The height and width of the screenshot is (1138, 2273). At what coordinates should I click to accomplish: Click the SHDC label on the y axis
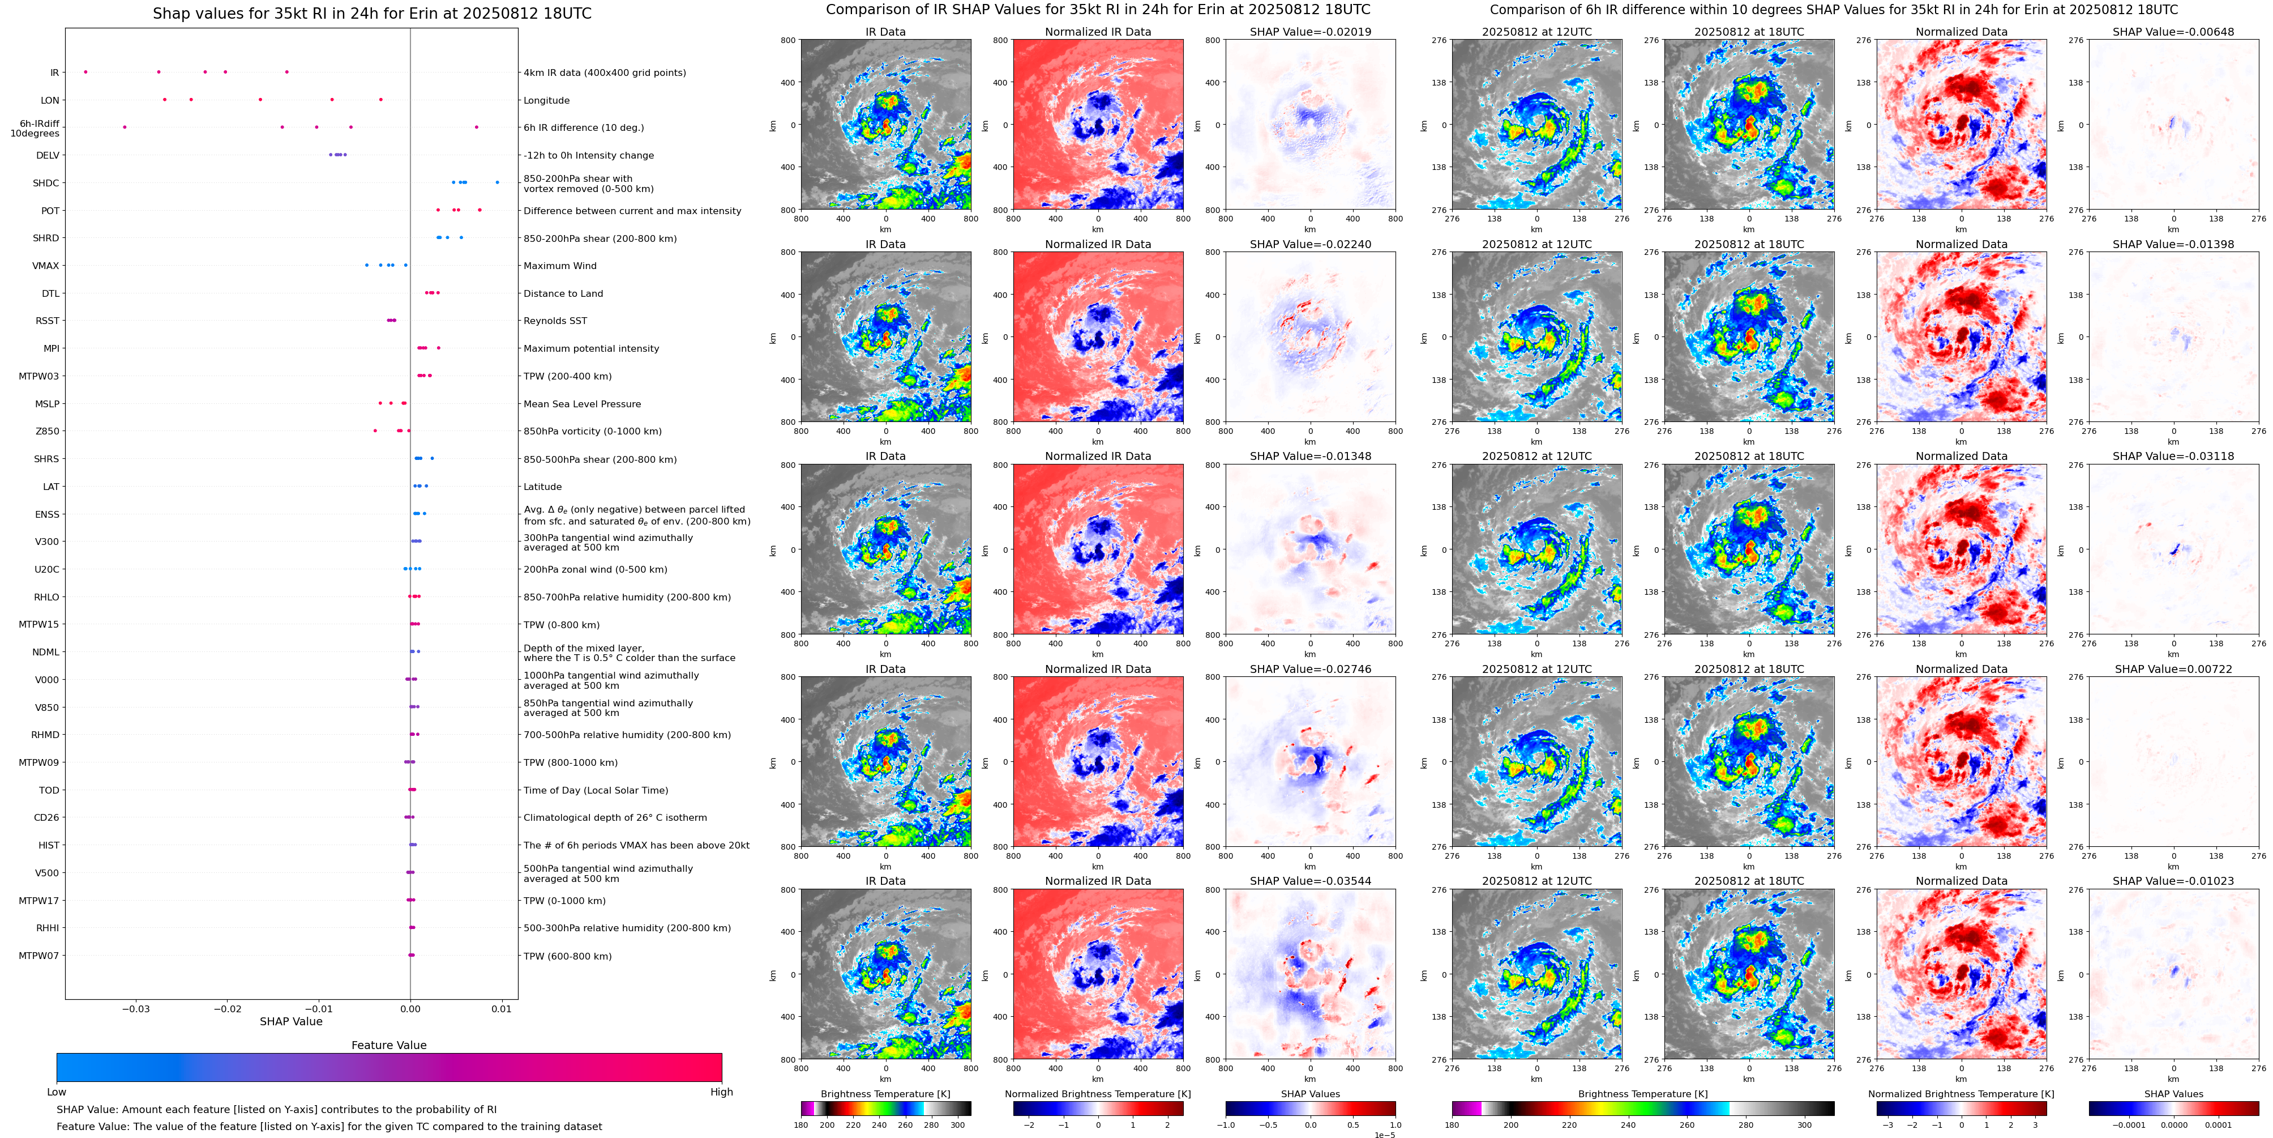coord(46,184)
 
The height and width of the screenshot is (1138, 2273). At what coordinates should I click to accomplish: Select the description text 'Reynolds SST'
coord(555,321)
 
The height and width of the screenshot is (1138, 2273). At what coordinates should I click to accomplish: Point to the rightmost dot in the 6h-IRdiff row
coord(477,127)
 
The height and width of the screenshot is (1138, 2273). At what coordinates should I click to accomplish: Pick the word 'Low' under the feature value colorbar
coord(57,1092)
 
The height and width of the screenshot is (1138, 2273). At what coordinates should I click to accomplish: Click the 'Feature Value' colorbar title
coord(388,1045)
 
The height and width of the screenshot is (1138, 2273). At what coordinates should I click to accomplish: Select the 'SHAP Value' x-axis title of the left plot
coord(291,1021)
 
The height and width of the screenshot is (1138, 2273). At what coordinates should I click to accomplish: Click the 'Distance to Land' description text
coord(563,294)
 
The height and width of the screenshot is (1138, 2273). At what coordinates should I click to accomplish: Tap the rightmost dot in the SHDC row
coord(498,183)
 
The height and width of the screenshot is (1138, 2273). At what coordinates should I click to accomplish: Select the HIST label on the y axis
coord(49,846)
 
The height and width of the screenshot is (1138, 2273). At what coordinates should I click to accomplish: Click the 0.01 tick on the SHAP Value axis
coord(501,1008)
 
